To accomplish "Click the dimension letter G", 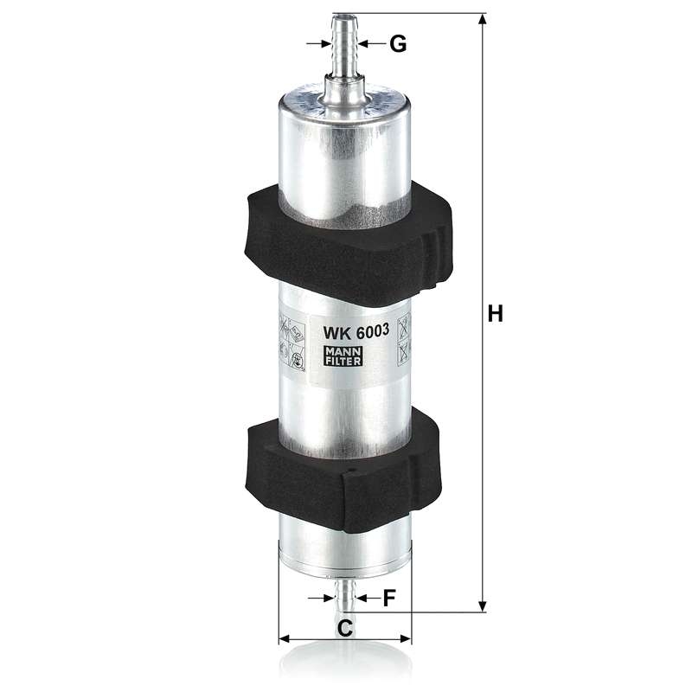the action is click(x=398, y=44).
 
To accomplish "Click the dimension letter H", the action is click(x=495, y=314).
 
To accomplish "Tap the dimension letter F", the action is click(x=388, y=598).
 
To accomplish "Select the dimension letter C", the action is click(x=345, y=628).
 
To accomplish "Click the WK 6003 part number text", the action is click(x=356, y=331).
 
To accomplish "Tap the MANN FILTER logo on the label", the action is click(x=343, y=356).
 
